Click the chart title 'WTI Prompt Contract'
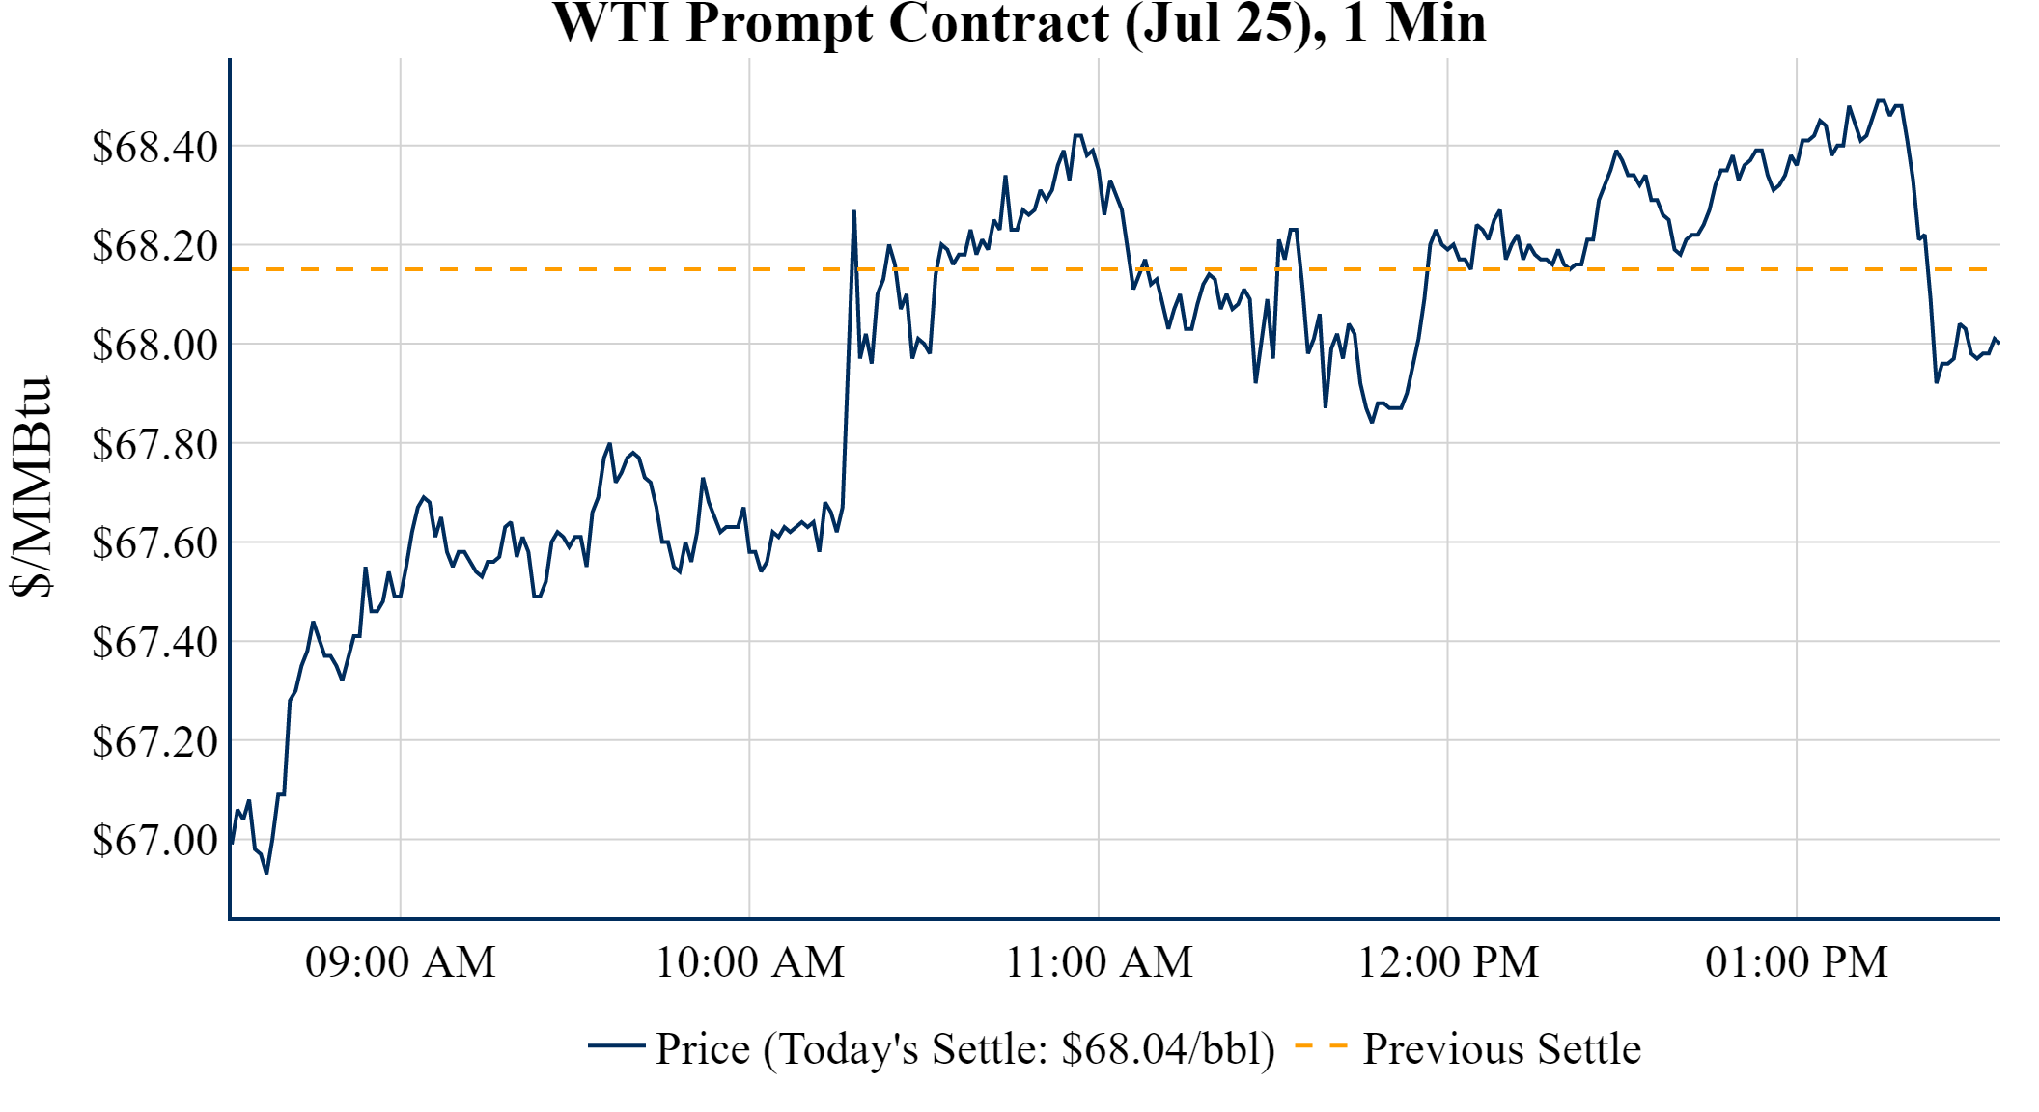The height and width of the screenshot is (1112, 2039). (1019, 23)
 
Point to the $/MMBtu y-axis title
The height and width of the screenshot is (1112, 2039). (31, 487)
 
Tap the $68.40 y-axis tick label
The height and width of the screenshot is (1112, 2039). (154, 148)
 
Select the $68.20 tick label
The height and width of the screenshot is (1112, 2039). (154, 246)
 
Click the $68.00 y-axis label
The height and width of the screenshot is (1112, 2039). (154, 346)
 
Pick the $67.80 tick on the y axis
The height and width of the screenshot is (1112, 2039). (154, 445)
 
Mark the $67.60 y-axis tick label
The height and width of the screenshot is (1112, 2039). (154, 543)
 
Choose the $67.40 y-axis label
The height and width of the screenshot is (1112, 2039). (154, 643)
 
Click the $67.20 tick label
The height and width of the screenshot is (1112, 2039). (154, 742)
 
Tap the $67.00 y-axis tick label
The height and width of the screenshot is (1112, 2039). (154, 841)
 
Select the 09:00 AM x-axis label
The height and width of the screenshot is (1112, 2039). (401, 962)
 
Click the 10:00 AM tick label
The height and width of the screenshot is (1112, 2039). (750, 962)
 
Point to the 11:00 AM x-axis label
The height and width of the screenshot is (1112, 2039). (1100, 962)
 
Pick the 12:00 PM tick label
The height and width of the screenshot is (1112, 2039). (1448, 962)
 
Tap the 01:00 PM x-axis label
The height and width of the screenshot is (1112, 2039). (1797, 962)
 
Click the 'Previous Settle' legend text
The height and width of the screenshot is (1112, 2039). (1501, 1049)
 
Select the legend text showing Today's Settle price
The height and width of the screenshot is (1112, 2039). (965, 1049)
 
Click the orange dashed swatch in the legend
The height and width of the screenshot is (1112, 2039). (1320, 1045)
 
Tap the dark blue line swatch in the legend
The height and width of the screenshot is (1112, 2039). (616, 1045)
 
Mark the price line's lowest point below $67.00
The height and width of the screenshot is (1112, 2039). (266, 873)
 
